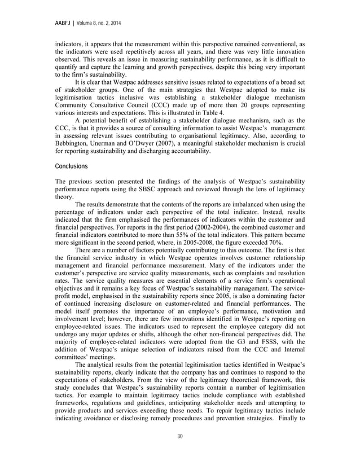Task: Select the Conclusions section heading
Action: (x=72, y=167)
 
